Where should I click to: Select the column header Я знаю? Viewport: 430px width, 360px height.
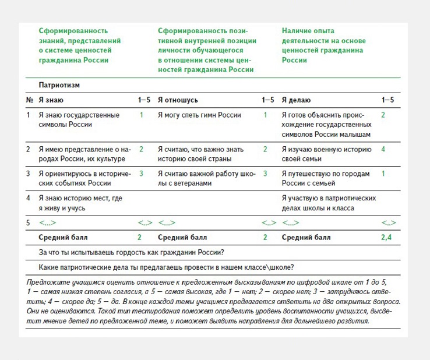pos(51,100)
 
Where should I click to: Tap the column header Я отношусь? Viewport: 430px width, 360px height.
pos(178,100)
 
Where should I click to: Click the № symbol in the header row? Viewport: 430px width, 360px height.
pos(30,100)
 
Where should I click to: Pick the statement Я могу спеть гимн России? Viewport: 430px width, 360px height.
pos(199,115)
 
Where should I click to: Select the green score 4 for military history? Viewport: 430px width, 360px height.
pos(383,150)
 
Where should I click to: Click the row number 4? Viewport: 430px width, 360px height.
pos(28,198)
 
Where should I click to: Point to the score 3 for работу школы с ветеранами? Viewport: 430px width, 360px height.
pos(265,174)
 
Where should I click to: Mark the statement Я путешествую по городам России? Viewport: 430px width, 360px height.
pos(325,178)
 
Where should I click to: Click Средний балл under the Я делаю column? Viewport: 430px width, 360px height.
pos(306,238)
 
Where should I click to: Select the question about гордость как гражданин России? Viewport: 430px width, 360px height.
pos(132,252)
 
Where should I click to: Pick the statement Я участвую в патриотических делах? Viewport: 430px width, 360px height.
pos(328,203)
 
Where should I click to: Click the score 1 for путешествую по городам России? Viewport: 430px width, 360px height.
pos(383,174)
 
